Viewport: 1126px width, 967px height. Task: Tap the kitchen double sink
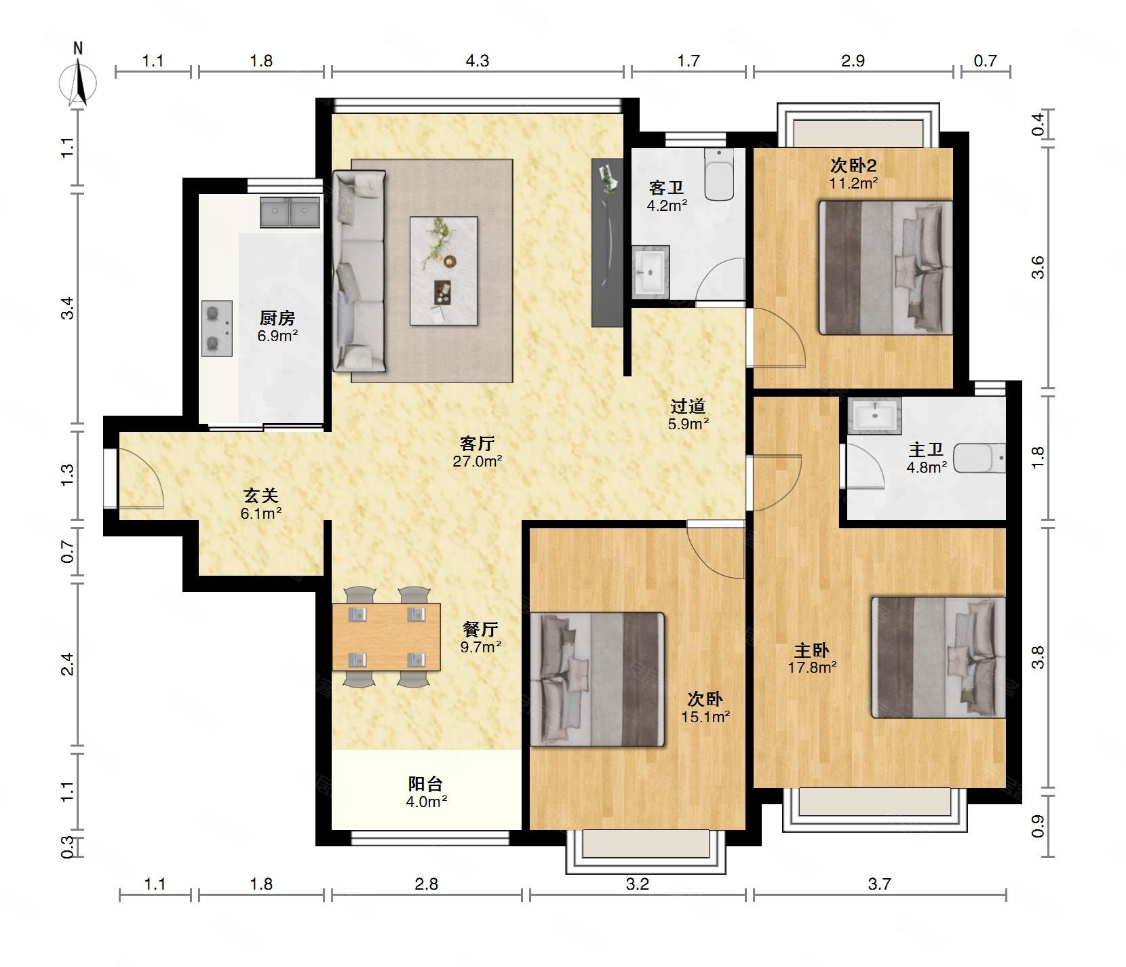(290, 212)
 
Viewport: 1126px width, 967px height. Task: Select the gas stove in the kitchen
(217, 328)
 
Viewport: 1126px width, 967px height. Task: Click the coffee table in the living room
(444, 271)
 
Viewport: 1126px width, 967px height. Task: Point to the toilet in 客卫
(719, 174)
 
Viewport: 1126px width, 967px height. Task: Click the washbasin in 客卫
(651, 271)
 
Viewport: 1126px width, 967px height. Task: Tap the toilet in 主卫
(979, 458)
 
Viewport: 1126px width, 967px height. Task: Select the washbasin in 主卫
(874, 415)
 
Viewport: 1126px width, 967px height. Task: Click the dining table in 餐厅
(386, 637)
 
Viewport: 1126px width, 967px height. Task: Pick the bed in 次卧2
(886, 267)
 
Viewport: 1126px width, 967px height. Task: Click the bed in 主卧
(938, 657)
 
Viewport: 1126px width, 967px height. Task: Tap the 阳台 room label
(426, 784)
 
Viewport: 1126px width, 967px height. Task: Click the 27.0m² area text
(478, 461)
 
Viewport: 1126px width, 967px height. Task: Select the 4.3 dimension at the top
(477, 61)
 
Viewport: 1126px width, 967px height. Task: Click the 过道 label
(688, 406)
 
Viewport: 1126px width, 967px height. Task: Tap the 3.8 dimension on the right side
(1038, 657)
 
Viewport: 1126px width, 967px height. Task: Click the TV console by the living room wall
(606, 243)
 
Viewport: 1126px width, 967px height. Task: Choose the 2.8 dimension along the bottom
(427, 884)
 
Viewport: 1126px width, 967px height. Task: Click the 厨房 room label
(277, 318)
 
